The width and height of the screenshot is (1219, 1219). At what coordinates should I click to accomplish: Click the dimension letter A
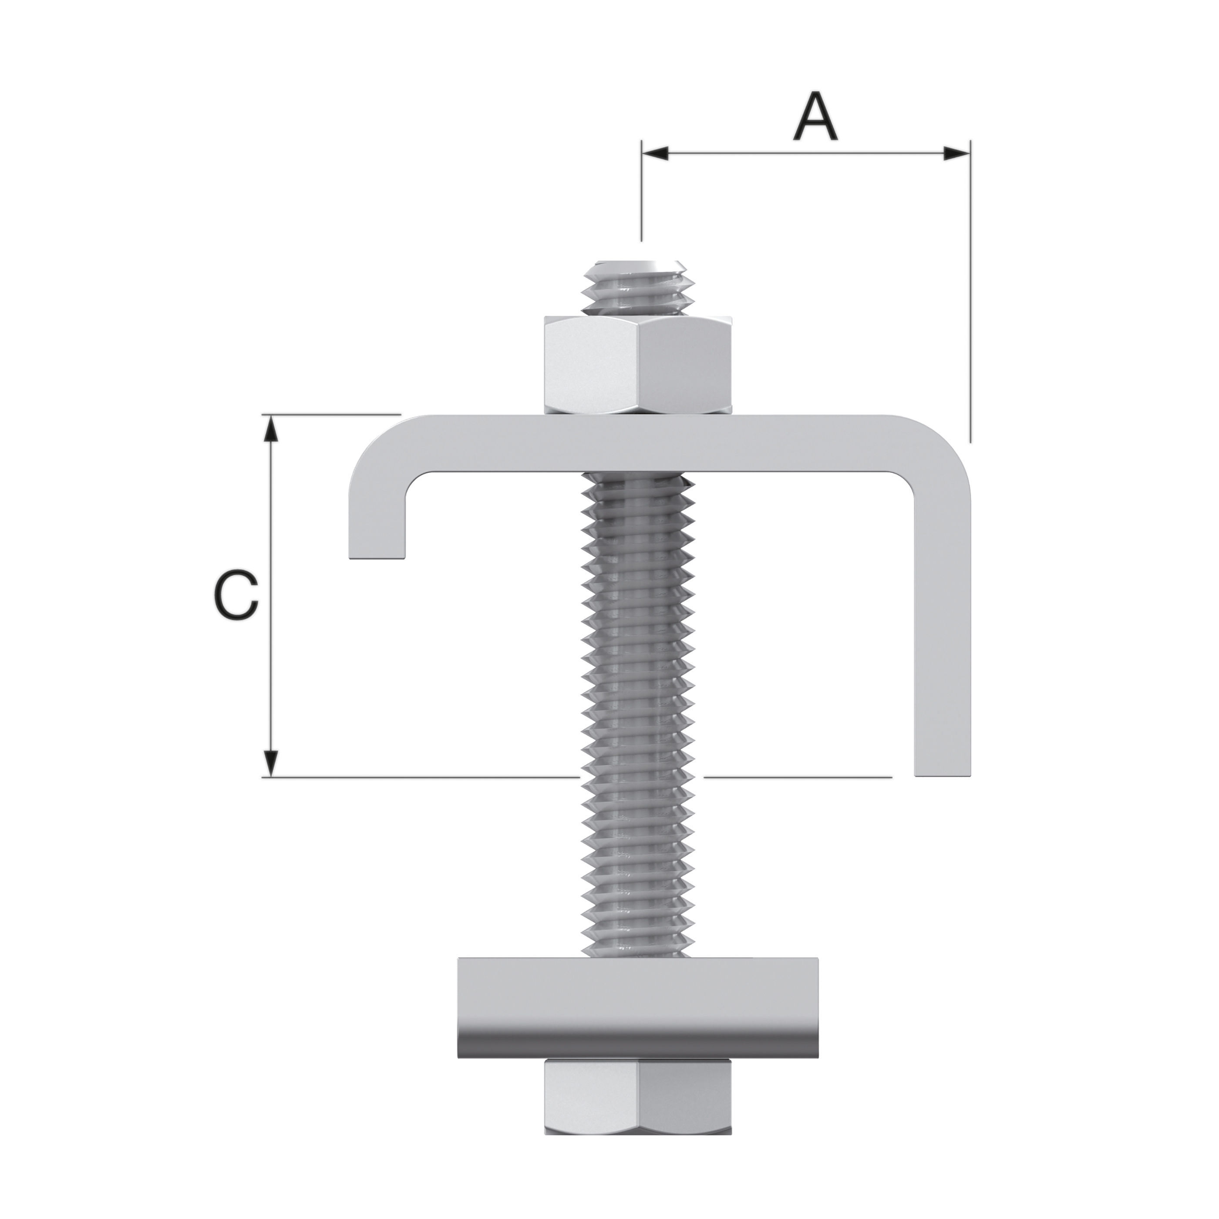(x=815, y=118)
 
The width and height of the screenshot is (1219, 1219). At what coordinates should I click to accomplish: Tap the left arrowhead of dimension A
(x=655, y=153)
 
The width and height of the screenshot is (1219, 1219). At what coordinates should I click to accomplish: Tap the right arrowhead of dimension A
(x=956, y=153)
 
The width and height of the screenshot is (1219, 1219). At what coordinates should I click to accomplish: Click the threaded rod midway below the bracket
(x=639, y=694)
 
